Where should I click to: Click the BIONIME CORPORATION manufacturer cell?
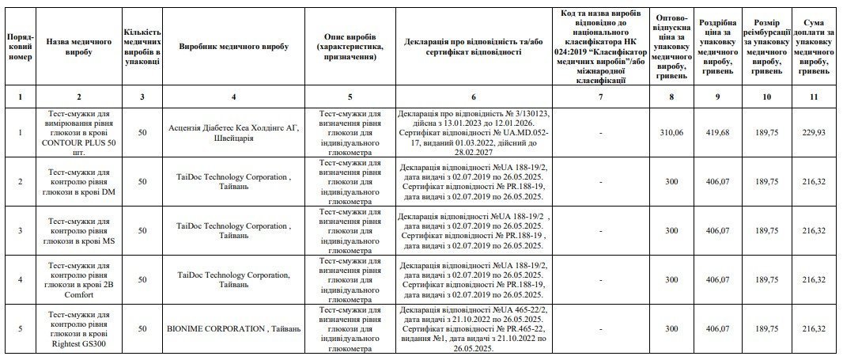235,328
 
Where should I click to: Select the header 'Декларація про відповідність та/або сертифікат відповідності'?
474,47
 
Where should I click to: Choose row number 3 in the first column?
20,230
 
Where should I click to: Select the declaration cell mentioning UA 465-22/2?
474,328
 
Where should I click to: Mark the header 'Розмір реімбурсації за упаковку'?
765,47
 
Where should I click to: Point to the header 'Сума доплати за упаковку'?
814,47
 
